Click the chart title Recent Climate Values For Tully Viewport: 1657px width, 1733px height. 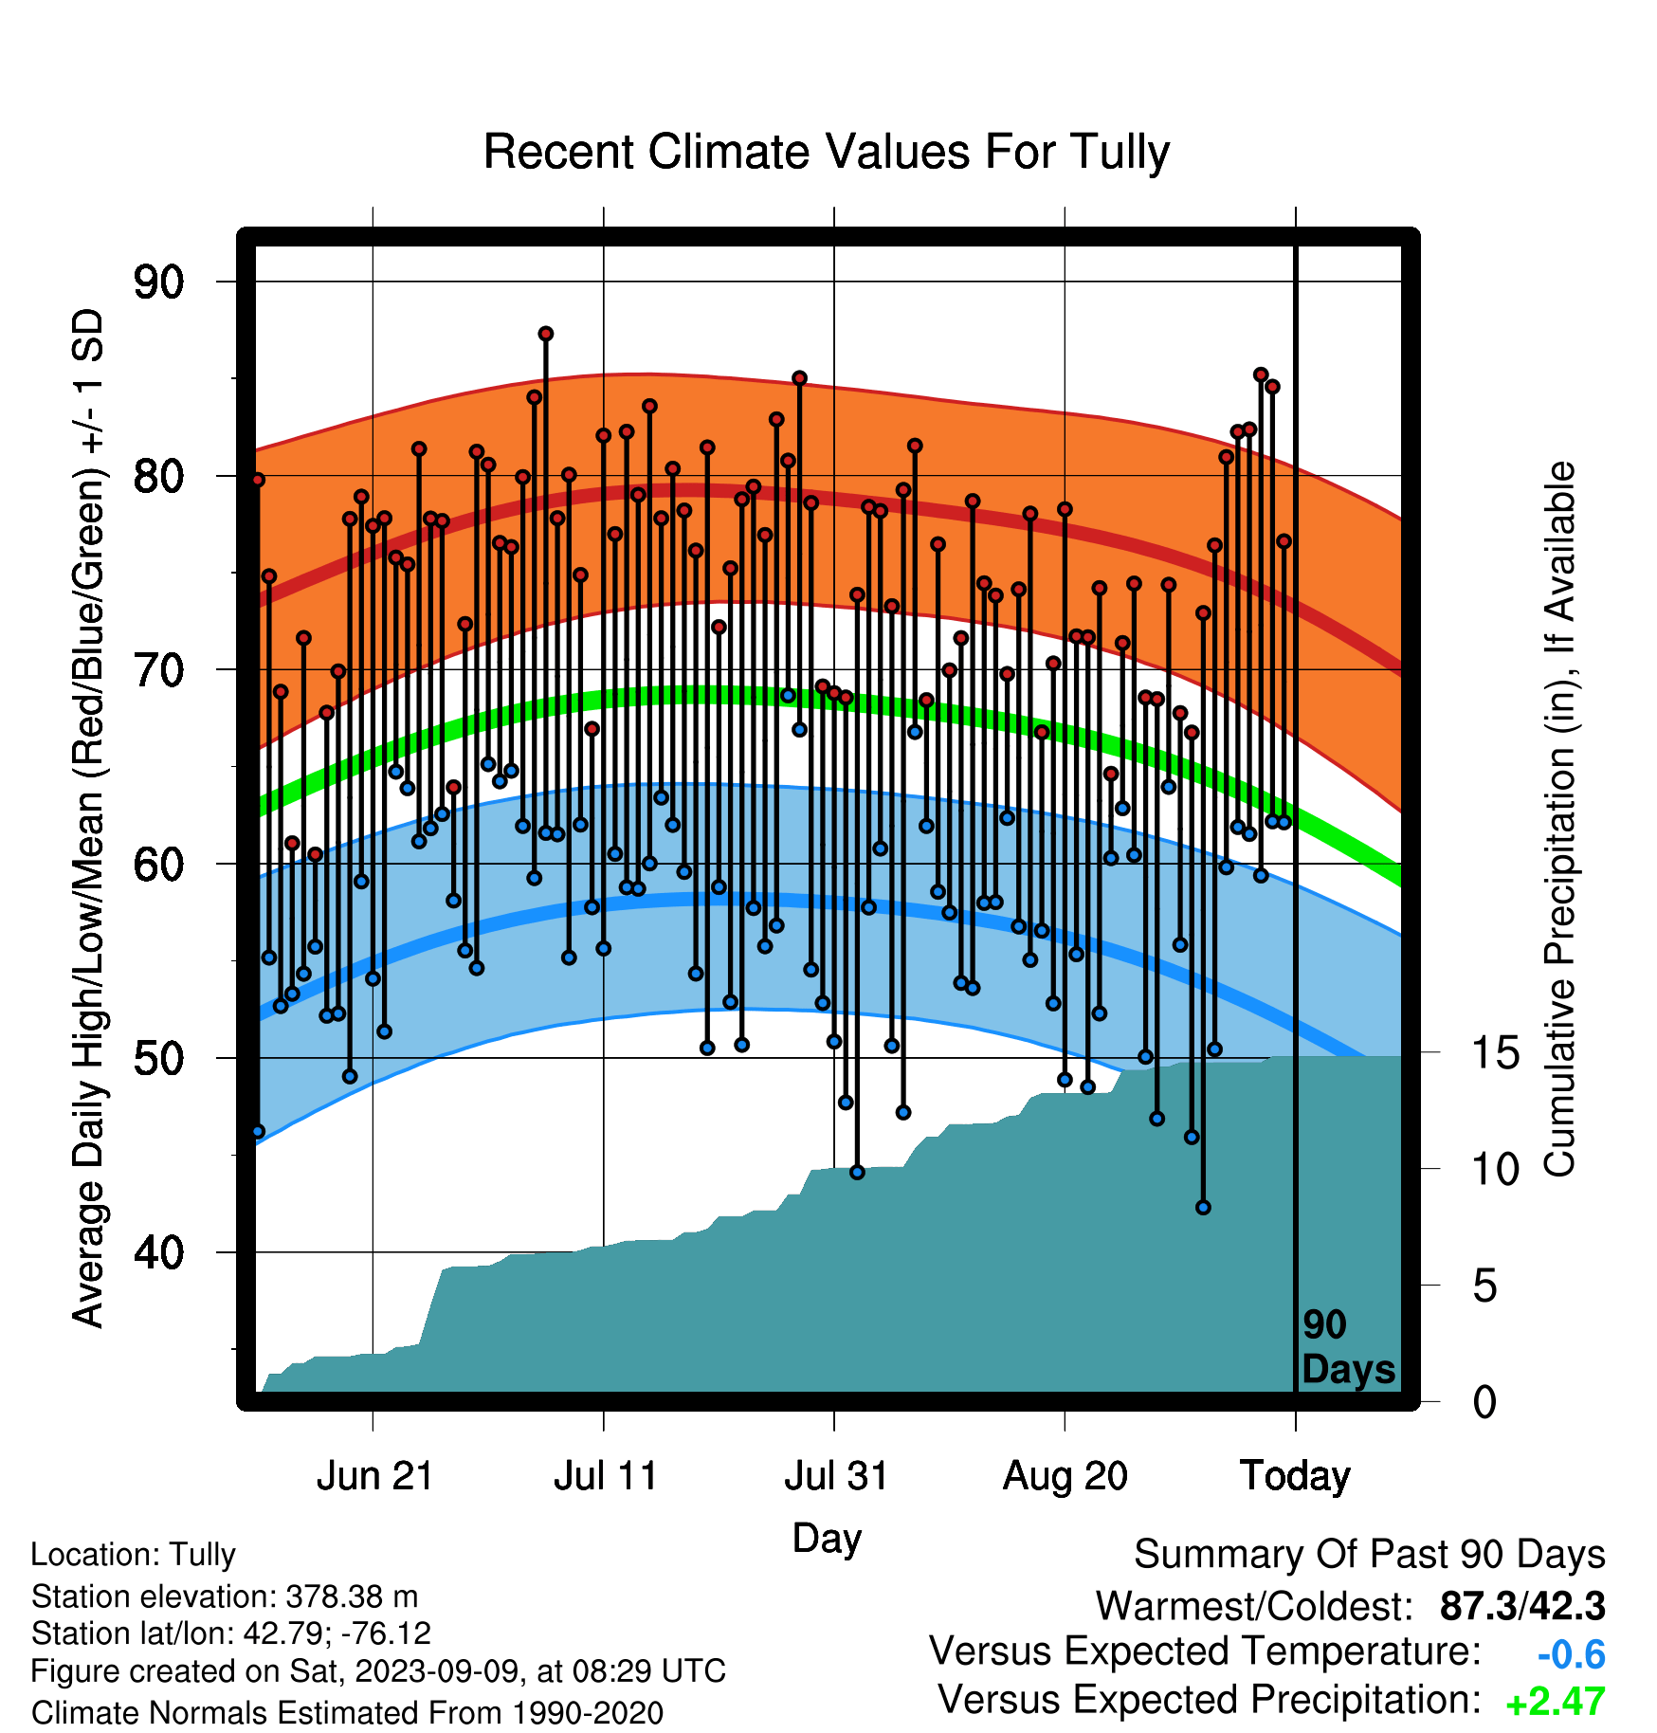[x=827, y=152]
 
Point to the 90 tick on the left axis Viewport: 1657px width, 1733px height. [x=158, y=282]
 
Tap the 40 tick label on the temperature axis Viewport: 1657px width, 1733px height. [x=158, y=1252]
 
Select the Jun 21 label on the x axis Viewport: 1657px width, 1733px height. [x=374, y=1476]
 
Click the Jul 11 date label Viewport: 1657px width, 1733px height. [x=606, y=1476]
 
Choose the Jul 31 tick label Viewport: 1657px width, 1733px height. [x=836, y=1476]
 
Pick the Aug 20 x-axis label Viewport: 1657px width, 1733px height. [x=1065, y=1476]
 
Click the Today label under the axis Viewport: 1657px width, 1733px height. [x=1295, y=1476]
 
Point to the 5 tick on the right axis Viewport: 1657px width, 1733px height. [x=1485, y=1286]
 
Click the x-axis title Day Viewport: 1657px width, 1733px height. [x=827, y=1539]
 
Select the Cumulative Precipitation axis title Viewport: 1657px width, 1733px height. [x=1559, y=819]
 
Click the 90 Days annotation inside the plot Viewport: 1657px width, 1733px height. [x=1348, y=1347]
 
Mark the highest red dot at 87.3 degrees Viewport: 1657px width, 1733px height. [x=546, y=334]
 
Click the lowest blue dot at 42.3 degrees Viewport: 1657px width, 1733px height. [x=1203, y=1208]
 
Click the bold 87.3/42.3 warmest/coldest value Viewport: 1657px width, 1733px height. [x=1522, y=1606]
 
